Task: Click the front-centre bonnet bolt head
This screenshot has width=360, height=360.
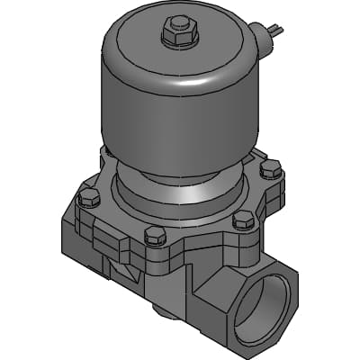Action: (x=154, y=236)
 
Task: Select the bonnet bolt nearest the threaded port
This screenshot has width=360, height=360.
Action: (x=241, y=219)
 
